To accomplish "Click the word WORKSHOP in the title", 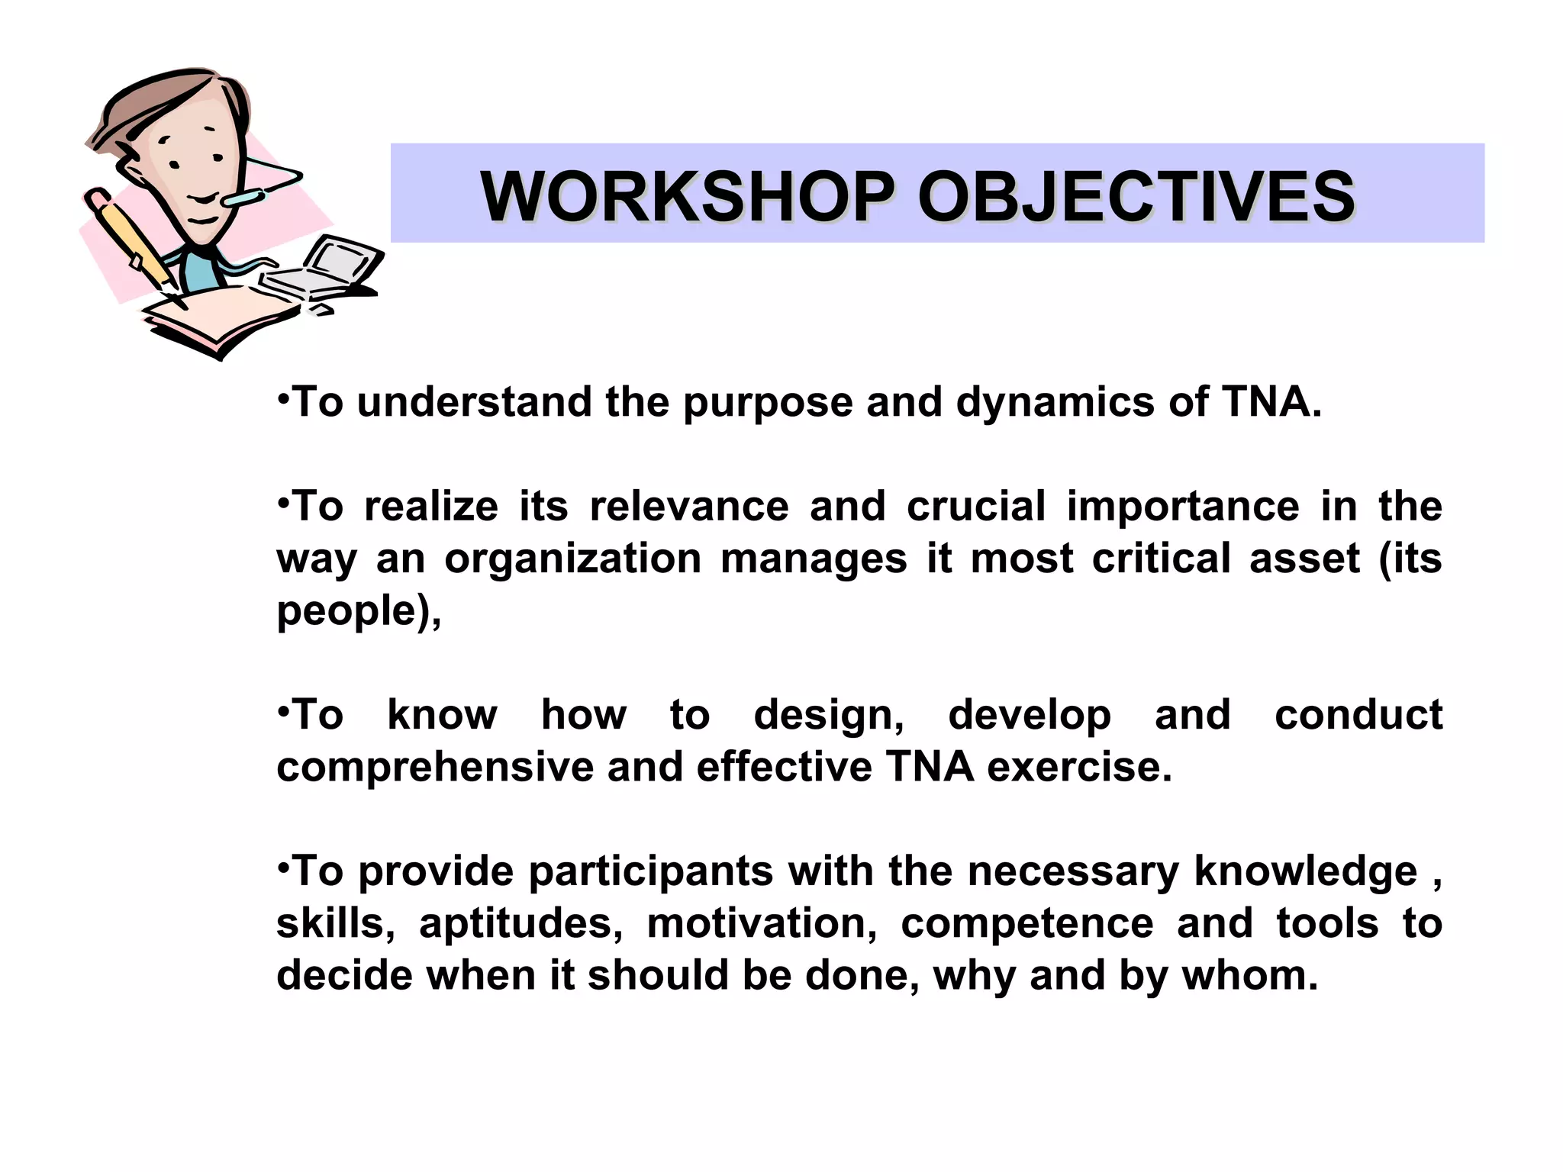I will pos(687,196).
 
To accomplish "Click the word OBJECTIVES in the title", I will pos(1136,196).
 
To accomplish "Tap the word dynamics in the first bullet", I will pos(1055,402).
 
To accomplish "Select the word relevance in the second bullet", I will pos(689,506).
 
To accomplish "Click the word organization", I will pos(572,558).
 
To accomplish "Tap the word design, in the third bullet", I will pos(829,715).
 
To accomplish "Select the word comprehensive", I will pos(434,767).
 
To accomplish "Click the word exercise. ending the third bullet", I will pos(1079,767).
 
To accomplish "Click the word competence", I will pos(1026,923).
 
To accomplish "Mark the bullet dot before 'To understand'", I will pos(283,398).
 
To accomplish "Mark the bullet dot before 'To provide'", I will pos(283,868).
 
